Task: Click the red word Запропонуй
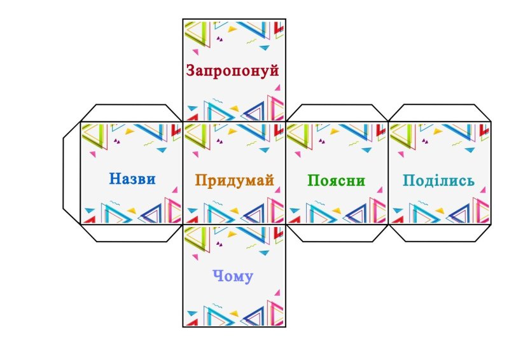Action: tap(233, 70)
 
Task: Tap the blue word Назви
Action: tap(132, 179)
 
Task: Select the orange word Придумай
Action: tap(235, 181)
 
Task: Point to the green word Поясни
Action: tap(337, 181)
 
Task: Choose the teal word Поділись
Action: tap(439, 181)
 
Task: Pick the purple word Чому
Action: tap(234, 277)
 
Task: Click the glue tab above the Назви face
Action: tap(131, 113)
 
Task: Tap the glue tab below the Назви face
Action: tap(131, 233)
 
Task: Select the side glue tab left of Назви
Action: tap(71, 172)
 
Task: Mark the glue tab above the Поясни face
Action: tap(337, 113)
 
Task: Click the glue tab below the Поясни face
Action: tap(337, 233)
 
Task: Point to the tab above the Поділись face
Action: tap(440, 113)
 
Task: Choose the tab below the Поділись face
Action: tap(440, 233)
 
